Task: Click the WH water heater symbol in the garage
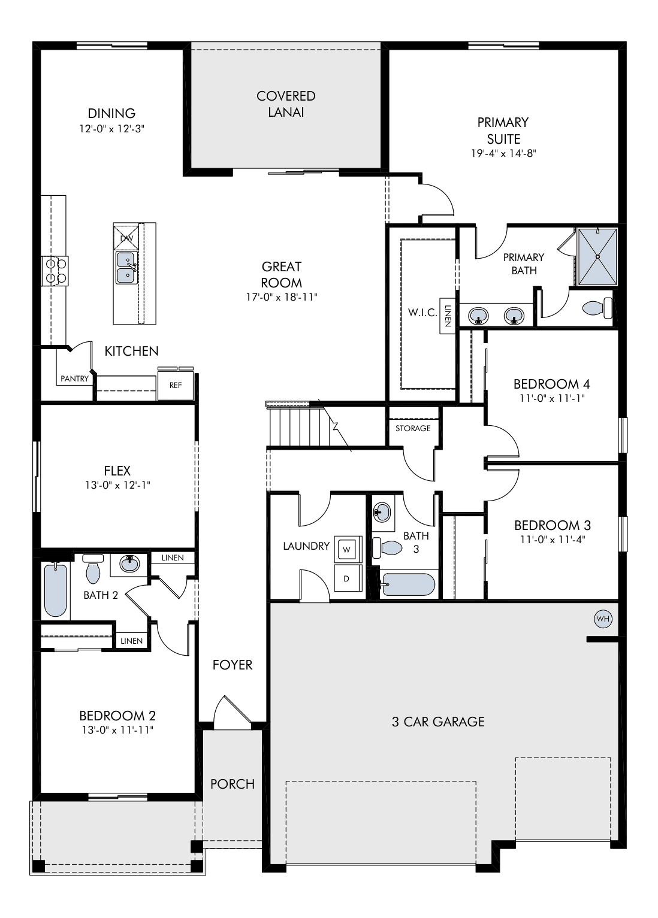click(x=603, y=619)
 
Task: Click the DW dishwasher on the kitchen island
click(x=126, y=237)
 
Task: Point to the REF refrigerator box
click(x=176, y=385)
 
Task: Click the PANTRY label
click(x=75, y=378)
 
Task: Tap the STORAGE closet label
click(x=413, y=428)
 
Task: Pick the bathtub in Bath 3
click(x=408, y=584)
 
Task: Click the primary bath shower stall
click(x=597, y=256)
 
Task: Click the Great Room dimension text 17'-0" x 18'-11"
click(x=282, y=297)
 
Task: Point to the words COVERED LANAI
click(x=286, y=104)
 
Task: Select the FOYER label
click(x=232, y=665)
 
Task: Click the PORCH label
click(x=233, y=784)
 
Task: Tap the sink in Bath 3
click(x=382, y=513)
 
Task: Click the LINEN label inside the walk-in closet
click(x=448, y=316)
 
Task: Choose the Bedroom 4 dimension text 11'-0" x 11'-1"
click(x=552, y=398)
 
